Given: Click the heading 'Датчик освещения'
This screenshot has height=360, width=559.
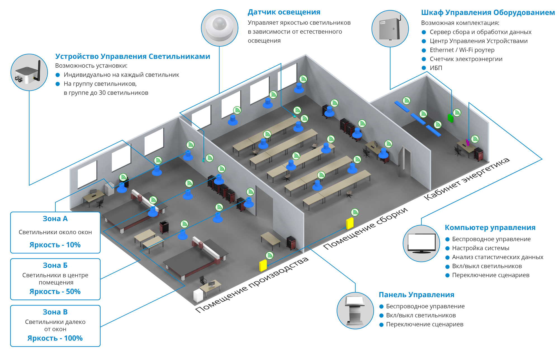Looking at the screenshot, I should point(284,12).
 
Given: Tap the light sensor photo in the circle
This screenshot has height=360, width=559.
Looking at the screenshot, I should point(220,28).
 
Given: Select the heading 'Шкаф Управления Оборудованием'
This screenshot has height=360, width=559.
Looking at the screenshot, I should point(488,13).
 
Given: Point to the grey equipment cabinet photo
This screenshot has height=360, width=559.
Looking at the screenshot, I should point(390,29).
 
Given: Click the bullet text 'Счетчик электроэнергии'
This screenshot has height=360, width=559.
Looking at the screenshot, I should point(466,59).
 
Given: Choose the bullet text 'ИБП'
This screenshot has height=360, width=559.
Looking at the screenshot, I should point(436,68).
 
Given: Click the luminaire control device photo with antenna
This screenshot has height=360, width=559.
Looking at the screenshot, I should point(29,72).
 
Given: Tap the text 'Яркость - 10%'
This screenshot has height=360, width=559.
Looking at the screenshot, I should point(55,245).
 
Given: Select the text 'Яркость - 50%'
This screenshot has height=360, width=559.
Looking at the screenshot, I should point(55,292).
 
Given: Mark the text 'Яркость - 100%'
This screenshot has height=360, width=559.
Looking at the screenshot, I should point(55,338).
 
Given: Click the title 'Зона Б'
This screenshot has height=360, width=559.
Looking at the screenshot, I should point(55,265).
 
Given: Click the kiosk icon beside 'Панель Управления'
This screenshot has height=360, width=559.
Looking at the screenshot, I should point(355,311).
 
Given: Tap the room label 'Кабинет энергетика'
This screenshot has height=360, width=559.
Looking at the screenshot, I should point(467,179).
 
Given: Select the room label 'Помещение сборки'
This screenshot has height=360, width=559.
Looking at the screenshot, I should point(366,228).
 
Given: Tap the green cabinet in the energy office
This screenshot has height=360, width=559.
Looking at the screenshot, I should point(450,118).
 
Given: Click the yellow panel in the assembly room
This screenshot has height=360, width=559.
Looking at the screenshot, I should point(350,223).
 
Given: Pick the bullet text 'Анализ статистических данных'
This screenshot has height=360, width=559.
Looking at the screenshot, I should point(498,257).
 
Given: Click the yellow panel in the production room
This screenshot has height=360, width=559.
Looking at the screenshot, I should point(263,266).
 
